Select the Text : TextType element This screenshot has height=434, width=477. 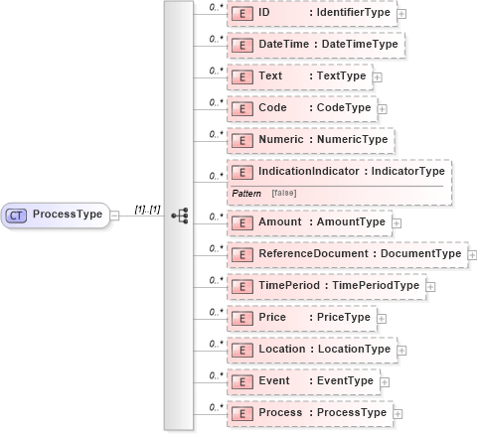(x=299, y=75)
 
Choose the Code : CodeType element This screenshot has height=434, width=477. (x=302, y=107)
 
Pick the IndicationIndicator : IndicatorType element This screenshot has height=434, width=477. (x=338, y=172)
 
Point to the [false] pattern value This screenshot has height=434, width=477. (x=283, y=191)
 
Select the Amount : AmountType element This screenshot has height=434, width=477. (x=309, y=221)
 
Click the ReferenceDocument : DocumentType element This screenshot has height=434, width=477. (x=347, y=254)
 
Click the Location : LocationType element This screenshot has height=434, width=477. (x=312, y=349)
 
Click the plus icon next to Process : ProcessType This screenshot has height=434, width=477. (x=398, y=412)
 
